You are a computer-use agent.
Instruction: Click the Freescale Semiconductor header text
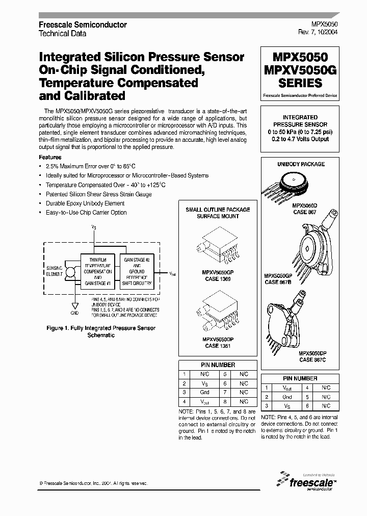click(x=83, y=24)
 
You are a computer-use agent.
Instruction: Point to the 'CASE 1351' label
click(x=218, y=346)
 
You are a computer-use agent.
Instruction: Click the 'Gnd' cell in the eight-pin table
click(x=204, y=393)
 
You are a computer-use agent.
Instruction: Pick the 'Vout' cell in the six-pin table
click(x=287, y=388)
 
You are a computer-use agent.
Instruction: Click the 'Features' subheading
click(x=50, y=158)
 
